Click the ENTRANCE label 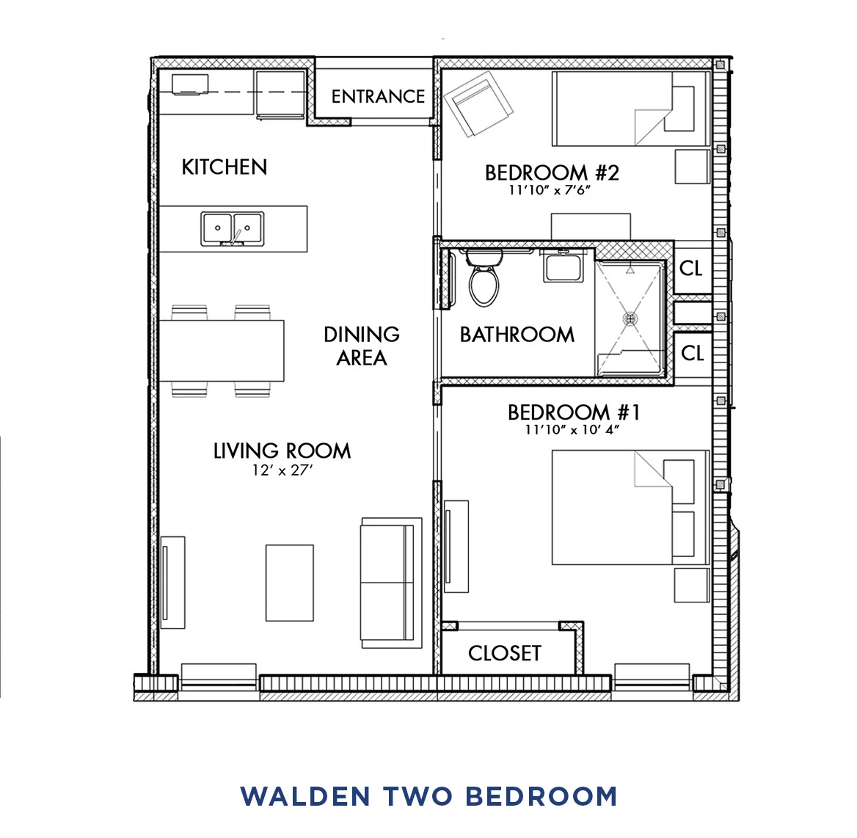click(x=378, y=97)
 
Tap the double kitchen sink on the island click(x=233, y=229)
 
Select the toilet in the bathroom click(x=484, y=279)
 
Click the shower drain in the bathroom click(x=630, y=318)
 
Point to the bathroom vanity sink click(x=563, y=266)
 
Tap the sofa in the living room click(x=390, y=583)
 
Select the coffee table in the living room click(x=289, y=583)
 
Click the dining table click(x=222, y=351)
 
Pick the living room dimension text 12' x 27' click(x=282, y=470)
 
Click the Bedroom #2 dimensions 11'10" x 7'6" click(x=550, y=191)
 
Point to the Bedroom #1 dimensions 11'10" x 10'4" click(x=572, y=430)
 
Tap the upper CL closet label click(x=691, y=269)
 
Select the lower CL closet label click(x=692, y=354)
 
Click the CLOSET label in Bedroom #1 click(x=505, y=653)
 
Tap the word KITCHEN click(x=225, y=167)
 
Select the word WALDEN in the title click(x=304, y=797)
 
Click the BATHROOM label click(x=517, y=335)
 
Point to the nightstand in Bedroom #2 click(x=692, y=167)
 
